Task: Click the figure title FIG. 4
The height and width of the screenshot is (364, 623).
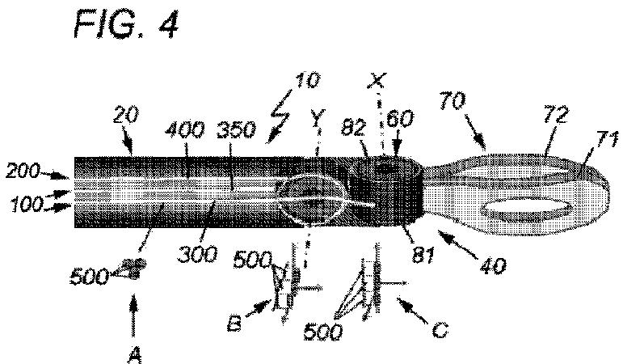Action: pos(126,24)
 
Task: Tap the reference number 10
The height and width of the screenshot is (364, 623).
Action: pos(307,80)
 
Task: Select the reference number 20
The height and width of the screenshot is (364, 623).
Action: pos(125,115)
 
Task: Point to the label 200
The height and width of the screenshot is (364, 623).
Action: pos(23,171)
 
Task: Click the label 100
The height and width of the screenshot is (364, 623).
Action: pos(27,204)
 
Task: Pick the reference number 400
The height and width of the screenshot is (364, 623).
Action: pos(185,130)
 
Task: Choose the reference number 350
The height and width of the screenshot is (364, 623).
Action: pos(236,130)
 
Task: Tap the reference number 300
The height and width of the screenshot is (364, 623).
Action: pos(197,255)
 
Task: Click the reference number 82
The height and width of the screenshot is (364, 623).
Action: pos(353,128)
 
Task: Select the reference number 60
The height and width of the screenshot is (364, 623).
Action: pos(400,119)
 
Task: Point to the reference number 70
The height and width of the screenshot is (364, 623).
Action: pos(453,100)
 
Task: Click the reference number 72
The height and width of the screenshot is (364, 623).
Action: pos(556,115)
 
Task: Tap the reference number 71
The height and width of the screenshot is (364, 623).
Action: pos(606,139)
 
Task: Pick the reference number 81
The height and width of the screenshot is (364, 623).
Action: pos(423,255)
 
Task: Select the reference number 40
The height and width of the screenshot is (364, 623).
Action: pos(493,265)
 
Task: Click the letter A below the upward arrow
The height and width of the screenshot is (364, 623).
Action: pos(135,355)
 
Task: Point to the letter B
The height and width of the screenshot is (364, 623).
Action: pos(234,324)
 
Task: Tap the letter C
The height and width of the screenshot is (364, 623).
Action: pos(440,330)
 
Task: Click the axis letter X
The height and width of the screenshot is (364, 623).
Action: pos(376,81)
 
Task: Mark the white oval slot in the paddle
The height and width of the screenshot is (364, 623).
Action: pos(526,205)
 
